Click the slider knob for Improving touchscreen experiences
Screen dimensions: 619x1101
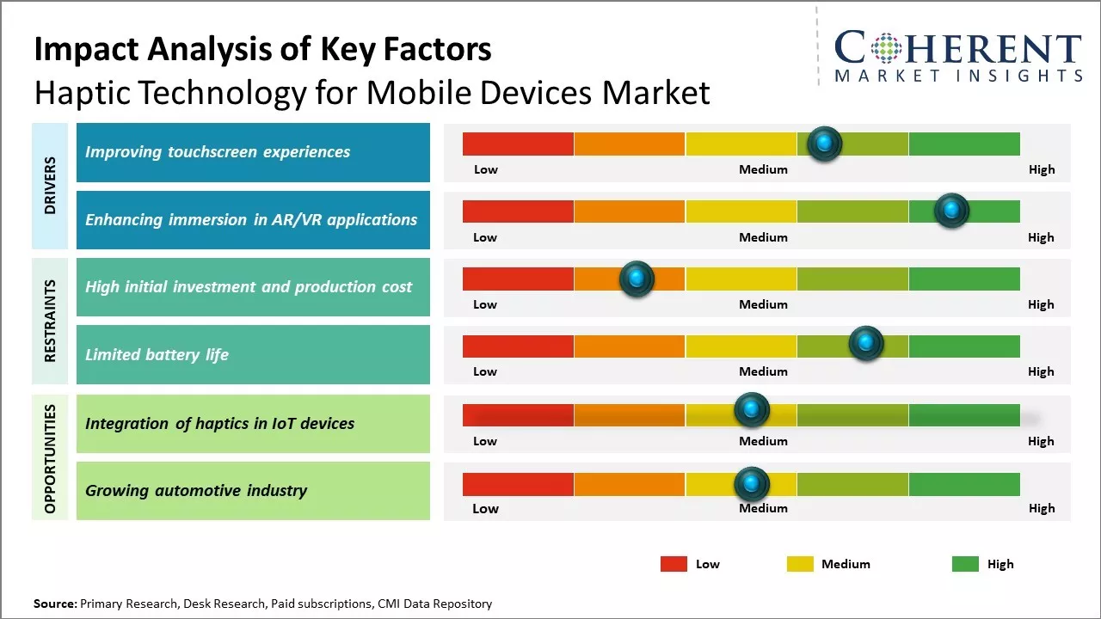[x=825, y=144]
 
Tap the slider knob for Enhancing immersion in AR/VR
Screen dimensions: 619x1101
[x=951, y=211]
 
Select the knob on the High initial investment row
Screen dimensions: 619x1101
[x=637, y=279]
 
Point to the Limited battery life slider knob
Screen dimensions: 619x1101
[x=866, y=344]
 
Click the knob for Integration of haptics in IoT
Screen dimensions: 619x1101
[x=752, y=410]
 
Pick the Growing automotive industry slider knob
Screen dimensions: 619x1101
[x=752, y=485]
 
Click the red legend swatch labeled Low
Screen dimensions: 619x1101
[x=674, y=564]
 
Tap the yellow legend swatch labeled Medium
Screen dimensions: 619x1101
[x=800, y=564]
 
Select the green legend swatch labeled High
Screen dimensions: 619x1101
[x=965, y=564]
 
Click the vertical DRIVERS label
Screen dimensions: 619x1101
[x=50, y=186]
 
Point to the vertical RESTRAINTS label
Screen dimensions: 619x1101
[x=50, y=321]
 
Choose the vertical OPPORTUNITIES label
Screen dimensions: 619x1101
[x=50, y=458]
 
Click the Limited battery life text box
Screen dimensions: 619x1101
[x=253, y=354]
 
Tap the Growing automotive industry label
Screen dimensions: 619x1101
[x=196, y=491]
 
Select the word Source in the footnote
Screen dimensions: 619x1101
[x=54, y=604]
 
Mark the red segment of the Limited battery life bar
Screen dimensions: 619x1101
[x=518, y=346]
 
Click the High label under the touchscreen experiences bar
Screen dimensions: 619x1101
[x=1042, y=169]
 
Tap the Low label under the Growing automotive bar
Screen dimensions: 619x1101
[x=485, y=508]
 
